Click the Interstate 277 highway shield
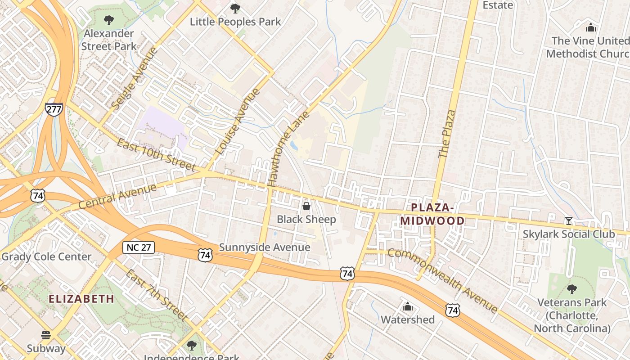click(x=54, y=109)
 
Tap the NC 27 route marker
click(x=139, y=247)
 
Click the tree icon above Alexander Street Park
click(x=108, y=20)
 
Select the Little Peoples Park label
click(x=235, y=22)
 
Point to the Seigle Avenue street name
click(x=135, y=78)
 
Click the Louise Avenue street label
click(x=238, y=122)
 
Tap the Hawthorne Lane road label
click(x=288, y=149)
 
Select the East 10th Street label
click(x=156, y=155)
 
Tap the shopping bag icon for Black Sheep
click(x=306, y=206)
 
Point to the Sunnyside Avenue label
click(x=265, y=247)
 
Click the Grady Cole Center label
click(x=46, y=257)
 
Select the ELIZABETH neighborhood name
click(x=81, y=299)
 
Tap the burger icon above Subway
click(x=46, y=335)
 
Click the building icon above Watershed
click(x=408, y=306)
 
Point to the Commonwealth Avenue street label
click(x=443, y=280)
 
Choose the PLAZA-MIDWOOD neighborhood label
click(x=432, y=214)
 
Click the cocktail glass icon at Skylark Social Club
click(x=569, y=220)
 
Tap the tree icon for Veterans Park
click(x=571, y=289)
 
